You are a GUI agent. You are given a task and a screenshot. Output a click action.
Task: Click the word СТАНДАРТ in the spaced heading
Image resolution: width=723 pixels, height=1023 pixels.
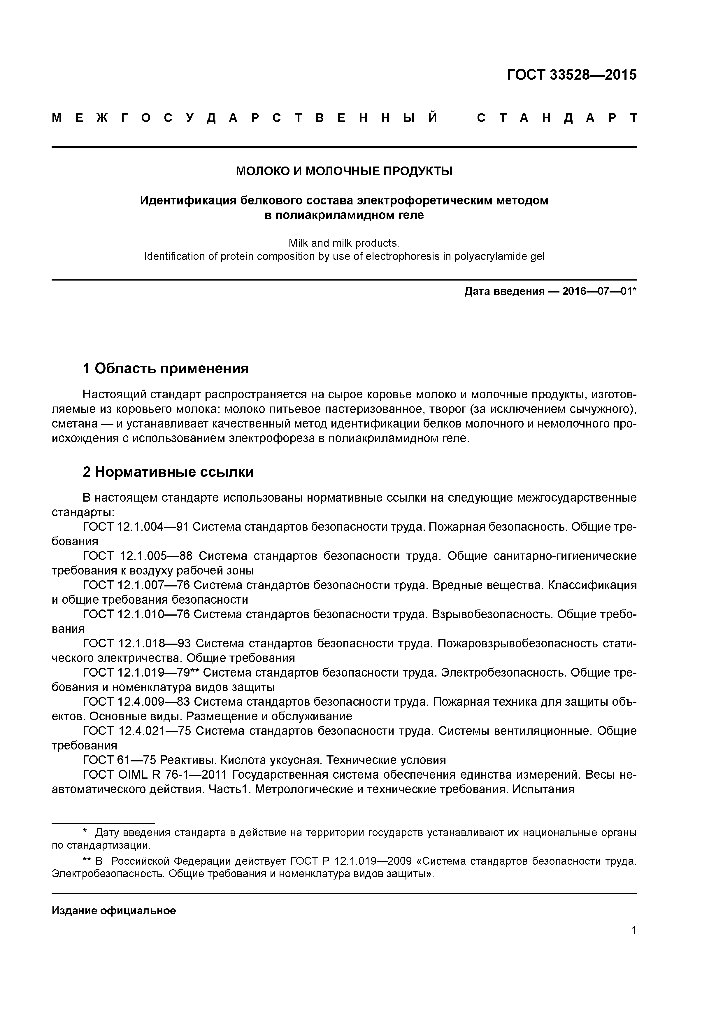click(557, 118)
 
